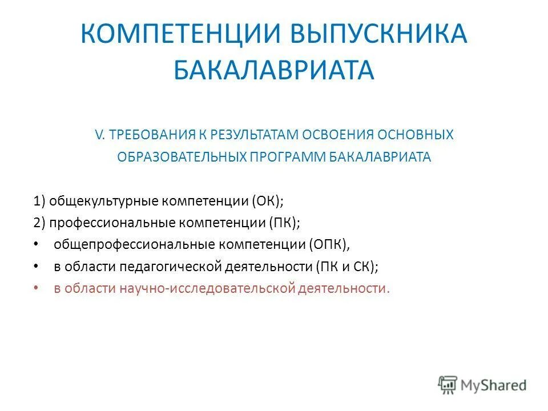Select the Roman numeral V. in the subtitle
pyautogui.click(x=100, y=135)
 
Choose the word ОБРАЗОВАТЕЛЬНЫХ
pyautogui.click(x=181, y=157)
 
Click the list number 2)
pyautogui.click(x=39, y=223)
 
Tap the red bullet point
pyautogui.click(x=37, y=288)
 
